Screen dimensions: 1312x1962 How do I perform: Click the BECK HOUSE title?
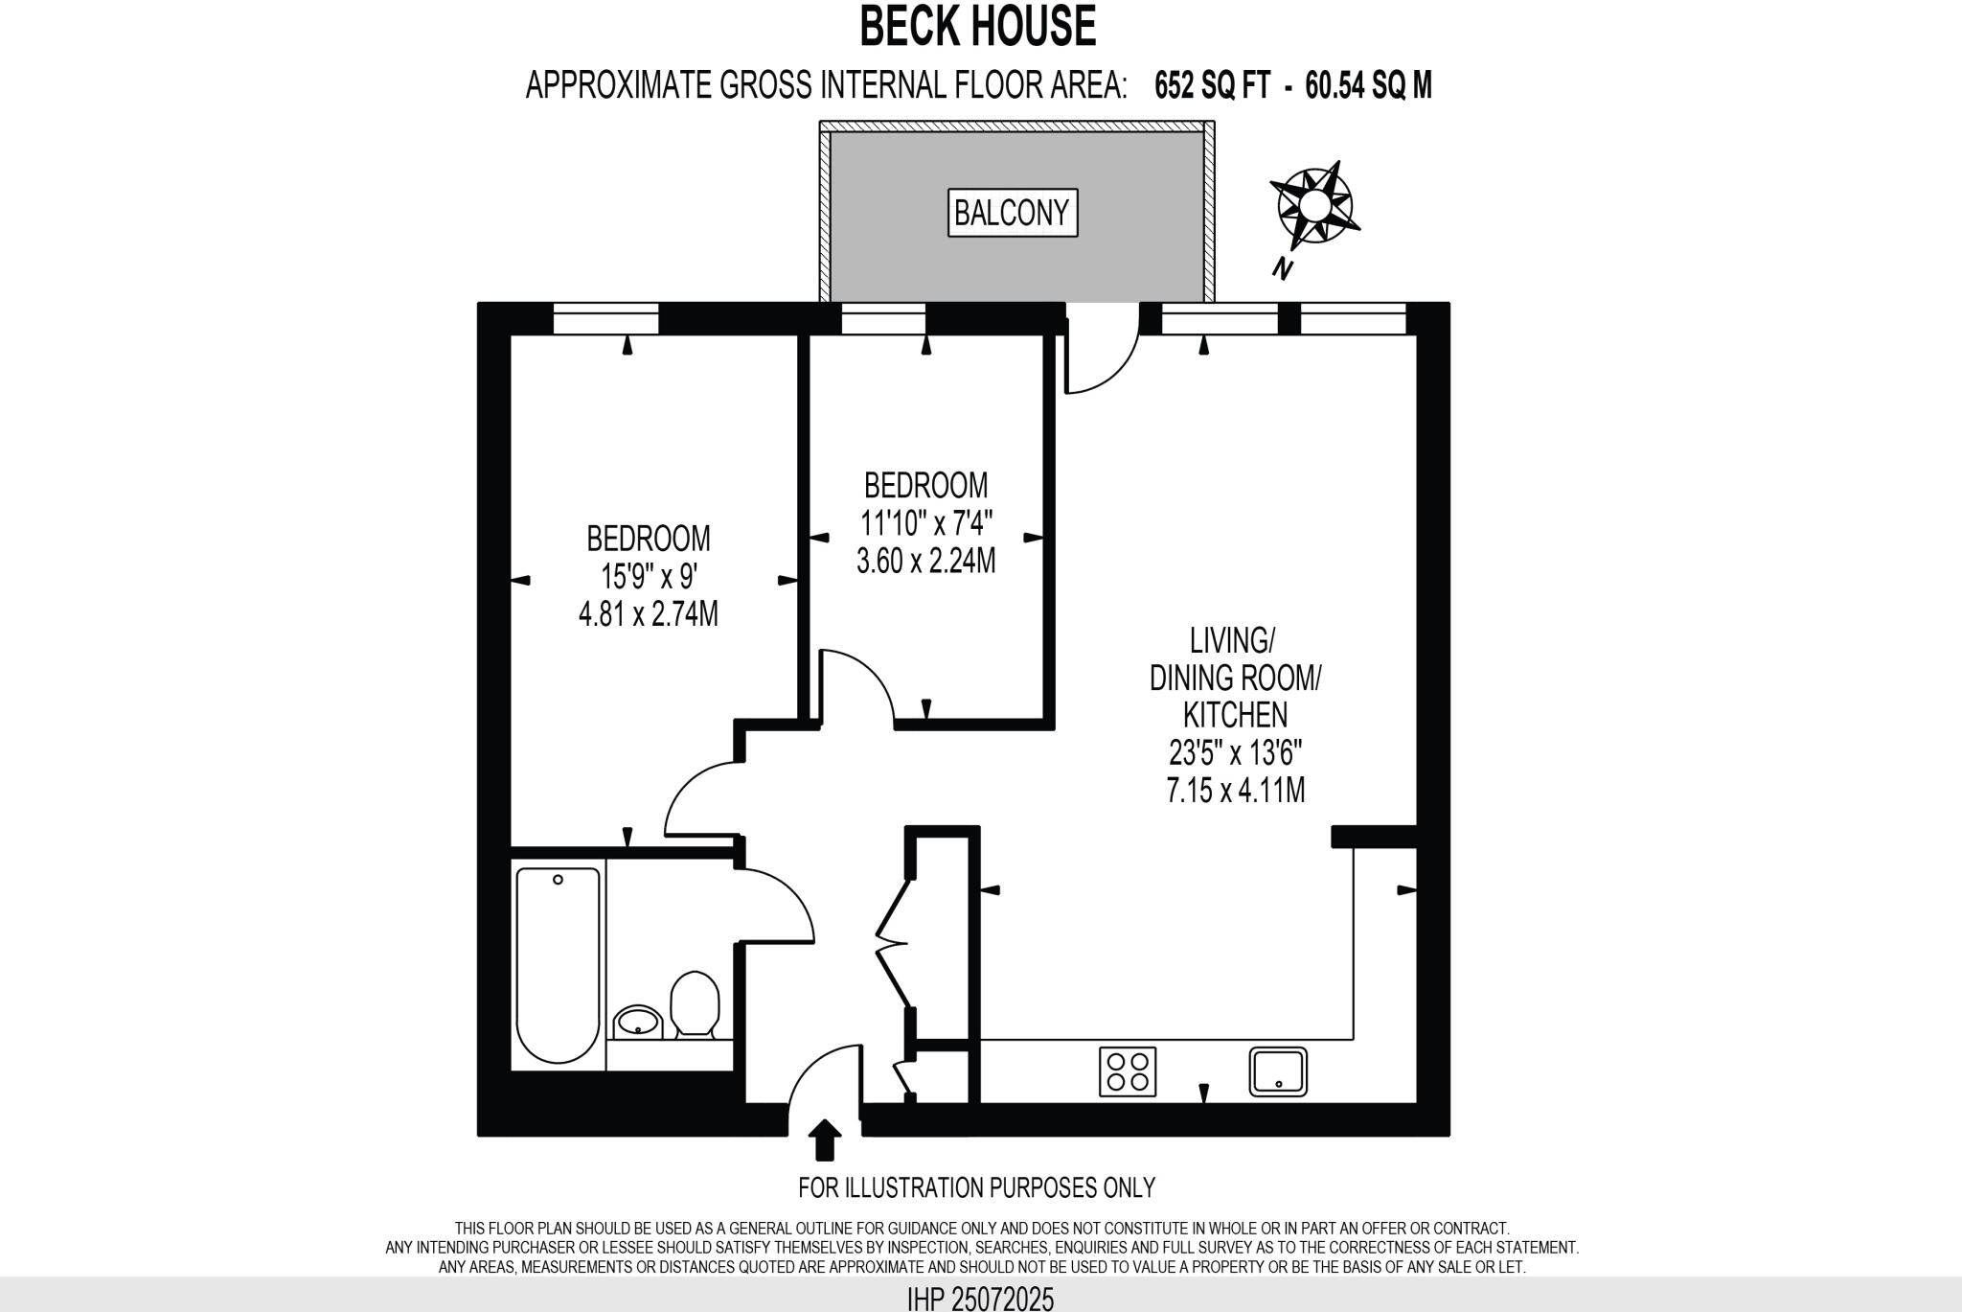pos(977,27)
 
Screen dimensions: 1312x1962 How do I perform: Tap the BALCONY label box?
pos(1013,213)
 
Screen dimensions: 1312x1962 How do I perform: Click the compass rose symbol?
pos(1314,205)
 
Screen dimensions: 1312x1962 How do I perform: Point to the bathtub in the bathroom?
pos(558,963)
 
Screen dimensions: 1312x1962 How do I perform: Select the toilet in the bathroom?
pos(695,1003)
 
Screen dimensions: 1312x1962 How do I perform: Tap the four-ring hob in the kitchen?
pos(1128,1071)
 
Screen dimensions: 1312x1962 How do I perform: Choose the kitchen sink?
pos(1278,1070)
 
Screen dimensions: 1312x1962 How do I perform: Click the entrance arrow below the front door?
pos(824,1140)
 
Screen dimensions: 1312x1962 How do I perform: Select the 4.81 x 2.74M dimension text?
pos(649,613)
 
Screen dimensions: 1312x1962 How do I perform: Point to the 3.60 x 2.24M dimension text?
pos(925,561)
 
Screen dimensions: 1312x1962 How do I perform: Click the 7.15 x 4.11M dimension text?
pos(1236,791)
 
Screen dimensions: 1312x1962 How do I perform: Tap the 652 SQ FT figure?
pos(1212,86)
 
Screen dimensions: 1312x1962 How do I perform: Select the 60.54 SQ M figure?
pos(1368,86)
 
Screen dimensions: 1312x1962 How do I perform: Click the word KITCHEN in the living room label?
pos(1236,715)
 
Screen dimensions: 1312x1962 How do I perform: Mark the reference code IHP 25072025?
pos(980,1300)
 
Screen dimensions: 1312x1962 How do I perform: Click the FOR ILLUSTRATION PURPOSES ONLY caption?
pos(976,1187)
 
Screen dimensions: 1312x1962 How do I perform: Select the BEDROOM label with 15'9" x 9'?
pos(649,539)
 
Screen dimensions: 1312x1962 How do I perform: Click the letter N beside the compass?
pos(1282,269)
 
